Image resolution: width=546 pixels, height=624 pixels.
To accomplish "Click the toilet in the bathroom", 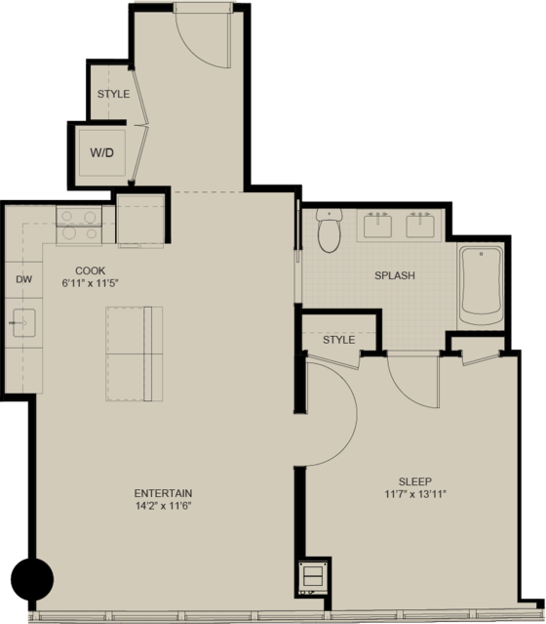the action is coord(329,230).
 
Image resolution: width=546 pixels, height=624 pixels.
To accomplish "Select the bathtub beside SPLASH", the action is coord(481,286).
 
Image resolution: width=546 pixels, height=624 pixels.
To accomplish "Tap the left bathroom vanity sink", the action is coord(377,225).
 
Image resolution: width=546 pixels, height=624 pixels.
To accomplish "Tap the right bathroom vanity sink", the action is coord(420,225).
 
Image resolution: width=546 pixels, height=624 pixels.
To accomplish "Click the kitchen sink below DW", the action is coord(23,323).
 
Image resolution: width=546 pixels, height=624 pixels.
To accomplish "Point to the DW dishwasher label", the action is coord(23,279).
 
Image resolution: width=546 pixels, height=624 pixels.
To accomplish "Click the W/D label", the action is coord(101,152).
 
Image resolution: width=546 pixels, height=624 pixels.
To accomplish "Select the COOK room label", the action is coord(91,270).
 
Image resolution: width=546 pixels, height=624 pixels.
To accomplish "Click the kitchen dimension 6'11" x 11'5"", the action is coord(91,283).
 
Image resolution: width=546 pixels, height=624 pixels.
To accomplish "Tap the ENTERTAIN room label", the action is coord(163,493).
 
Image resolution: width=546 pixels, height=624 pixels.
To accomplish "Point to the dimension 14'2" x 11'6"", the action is coord(164,506).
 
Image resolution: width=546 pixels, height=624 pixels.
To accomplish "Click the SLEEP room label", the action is coord(415,481).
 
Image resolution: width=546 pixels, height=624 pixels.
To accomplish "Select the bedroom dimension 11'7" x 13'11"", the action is coord(415,494).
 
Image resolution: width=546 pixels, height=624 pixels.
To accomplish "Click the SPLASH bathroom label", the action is coord(395,275).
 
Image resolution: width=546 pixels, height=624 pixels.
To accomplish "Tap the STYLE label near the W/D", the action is coord(113,94).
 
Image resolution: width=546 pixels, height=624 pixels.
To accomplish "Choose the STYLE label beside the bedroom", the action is coord(338,340).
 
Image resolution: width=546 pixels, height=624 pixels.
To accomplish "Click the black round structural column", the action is coord(32,579).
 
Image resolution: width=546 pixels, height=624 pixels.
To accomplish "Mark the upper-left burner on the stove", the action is coord(66,217).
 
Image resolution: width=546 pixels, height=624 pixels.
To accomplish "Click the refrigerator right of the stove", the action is coord(140,220).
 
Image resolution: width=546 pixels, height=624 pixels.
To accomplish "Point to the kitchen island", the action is coord(134,354).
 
